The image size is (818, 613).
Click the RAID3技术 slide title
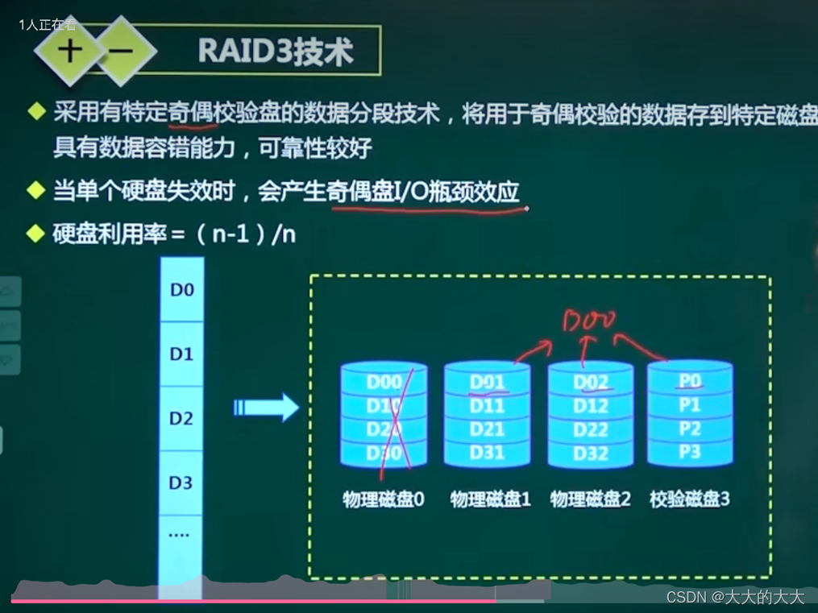(275, 52)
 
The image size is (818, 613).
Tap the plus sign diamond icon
(71, 51)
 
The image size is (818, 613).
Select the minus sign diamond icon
(121, 51)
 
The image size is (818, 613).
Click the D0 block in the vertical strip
(181, 289)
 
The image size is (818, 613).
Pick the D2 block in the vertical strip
(181, 418)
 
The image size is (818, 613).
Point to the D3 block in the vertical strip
(181, 483)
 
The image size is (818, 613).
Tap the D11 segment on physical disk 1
(487, 406)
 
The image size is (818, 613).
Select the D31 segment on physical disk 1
(487, 453)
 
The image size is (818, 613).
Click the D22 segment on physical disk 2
(590, 430)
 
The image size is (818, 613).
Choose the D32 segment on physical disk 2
(590, 454)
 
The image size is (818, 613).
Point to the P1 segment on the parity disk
(690, 404)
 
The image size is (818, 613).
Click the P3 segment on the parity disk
(690, 452)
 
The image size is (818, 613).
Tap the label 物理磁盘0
(383, 499)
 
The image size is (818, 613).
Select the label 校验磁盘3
(689, 499)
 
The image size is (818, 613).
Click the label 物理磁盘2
(590, 499)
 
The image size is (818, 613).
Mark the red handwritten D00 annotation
(588, 321)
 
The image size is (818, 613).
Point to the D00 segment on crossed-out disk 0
(384, 383)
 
